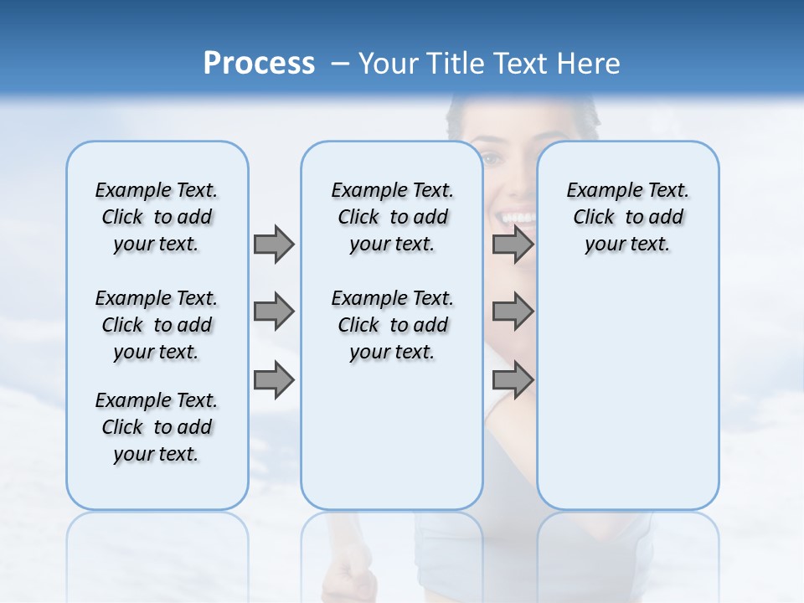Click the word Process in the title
click(259, 64)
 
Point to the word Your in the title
click(389, 64)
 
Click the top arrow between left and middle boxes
click(274, 244)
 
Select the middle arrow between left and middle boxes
click(274, 312)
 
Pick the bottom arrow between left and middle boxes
click(274, 379)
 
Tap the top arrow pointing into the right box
click(513, 244)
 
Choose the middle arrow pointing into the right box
click(513, 312)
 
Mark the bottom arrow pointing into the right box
click(513, 379)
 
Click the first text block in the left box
click(157, 217)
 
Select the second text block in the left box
click(157, 325)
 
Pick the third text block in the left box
click(157, 427)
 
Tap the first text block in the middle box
click(392, 217)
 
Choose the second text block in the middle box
click(392, 325)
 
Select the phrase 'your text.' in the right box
click(627, 245)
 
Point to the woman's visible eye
click(492, 159)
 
